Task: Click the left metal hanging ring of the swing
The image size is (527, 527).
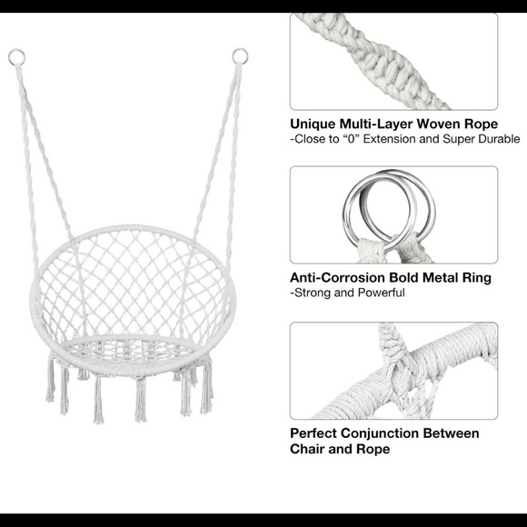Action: pyautogui.click(x=15, y=58)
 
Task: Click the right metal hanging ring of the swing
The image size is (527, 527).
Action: pyautogui.click(x=239, y=57)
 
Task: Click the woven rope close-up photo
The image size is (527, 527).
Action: pyautogui.click(x=393, y=61)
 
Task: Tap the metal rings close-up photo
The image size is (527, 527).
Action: pyautogui.click(x=393, y=214)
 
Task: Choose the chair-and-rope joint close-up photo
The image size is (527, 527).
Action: pyautogui.click(x=393, y=370)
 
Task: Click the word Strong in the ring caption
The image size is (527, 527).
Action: pyautogui.click(x=314, y=293)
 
